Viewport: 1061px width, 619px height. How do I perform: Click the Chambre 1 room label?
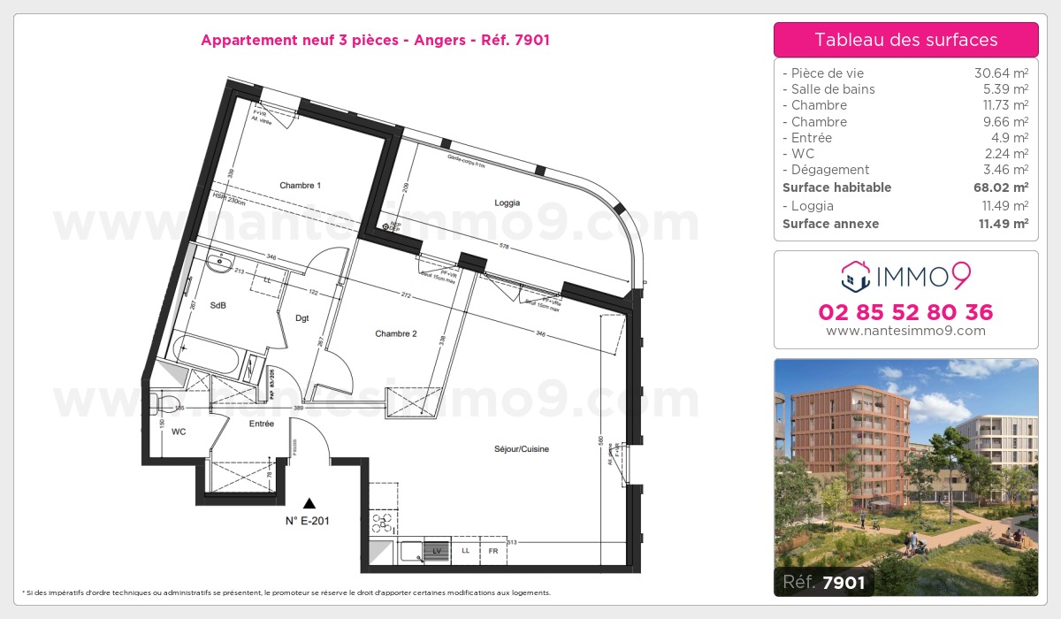[300, 186]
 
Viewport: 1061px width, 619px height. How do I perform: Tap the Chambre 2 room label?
[395, 334]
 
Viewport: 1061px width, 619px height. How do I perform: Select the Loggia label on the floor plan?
[507, 203]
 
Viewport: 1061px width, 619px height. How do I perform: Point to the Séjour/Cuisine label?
[522, 449]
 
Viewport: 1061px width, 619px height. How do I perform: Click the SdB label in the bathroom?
[218, 305]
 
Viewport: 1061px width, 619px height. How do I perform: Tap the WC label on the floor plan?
[179, 432]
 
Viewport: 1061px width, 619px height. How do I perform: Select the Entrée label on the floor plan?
[261, 424]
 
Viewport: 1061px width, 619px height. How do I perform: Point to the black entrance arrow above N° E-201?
[308, 502]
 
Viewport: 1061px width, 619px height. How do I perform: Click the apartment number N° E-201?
[307, 521]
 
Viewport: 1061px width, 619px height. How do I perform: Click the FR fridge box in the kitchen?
[492, 551]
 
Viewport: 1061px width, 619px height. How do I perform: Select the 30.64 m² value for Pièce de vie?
[1001, 73]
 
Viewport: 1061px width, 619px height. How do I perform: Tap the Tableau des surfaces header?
[905, 40]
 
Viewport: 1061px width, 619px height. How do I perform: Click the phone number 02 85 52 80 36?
[905, 312]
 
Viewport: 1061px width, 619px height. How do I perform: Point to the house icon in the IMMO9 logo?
[855, 276]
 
